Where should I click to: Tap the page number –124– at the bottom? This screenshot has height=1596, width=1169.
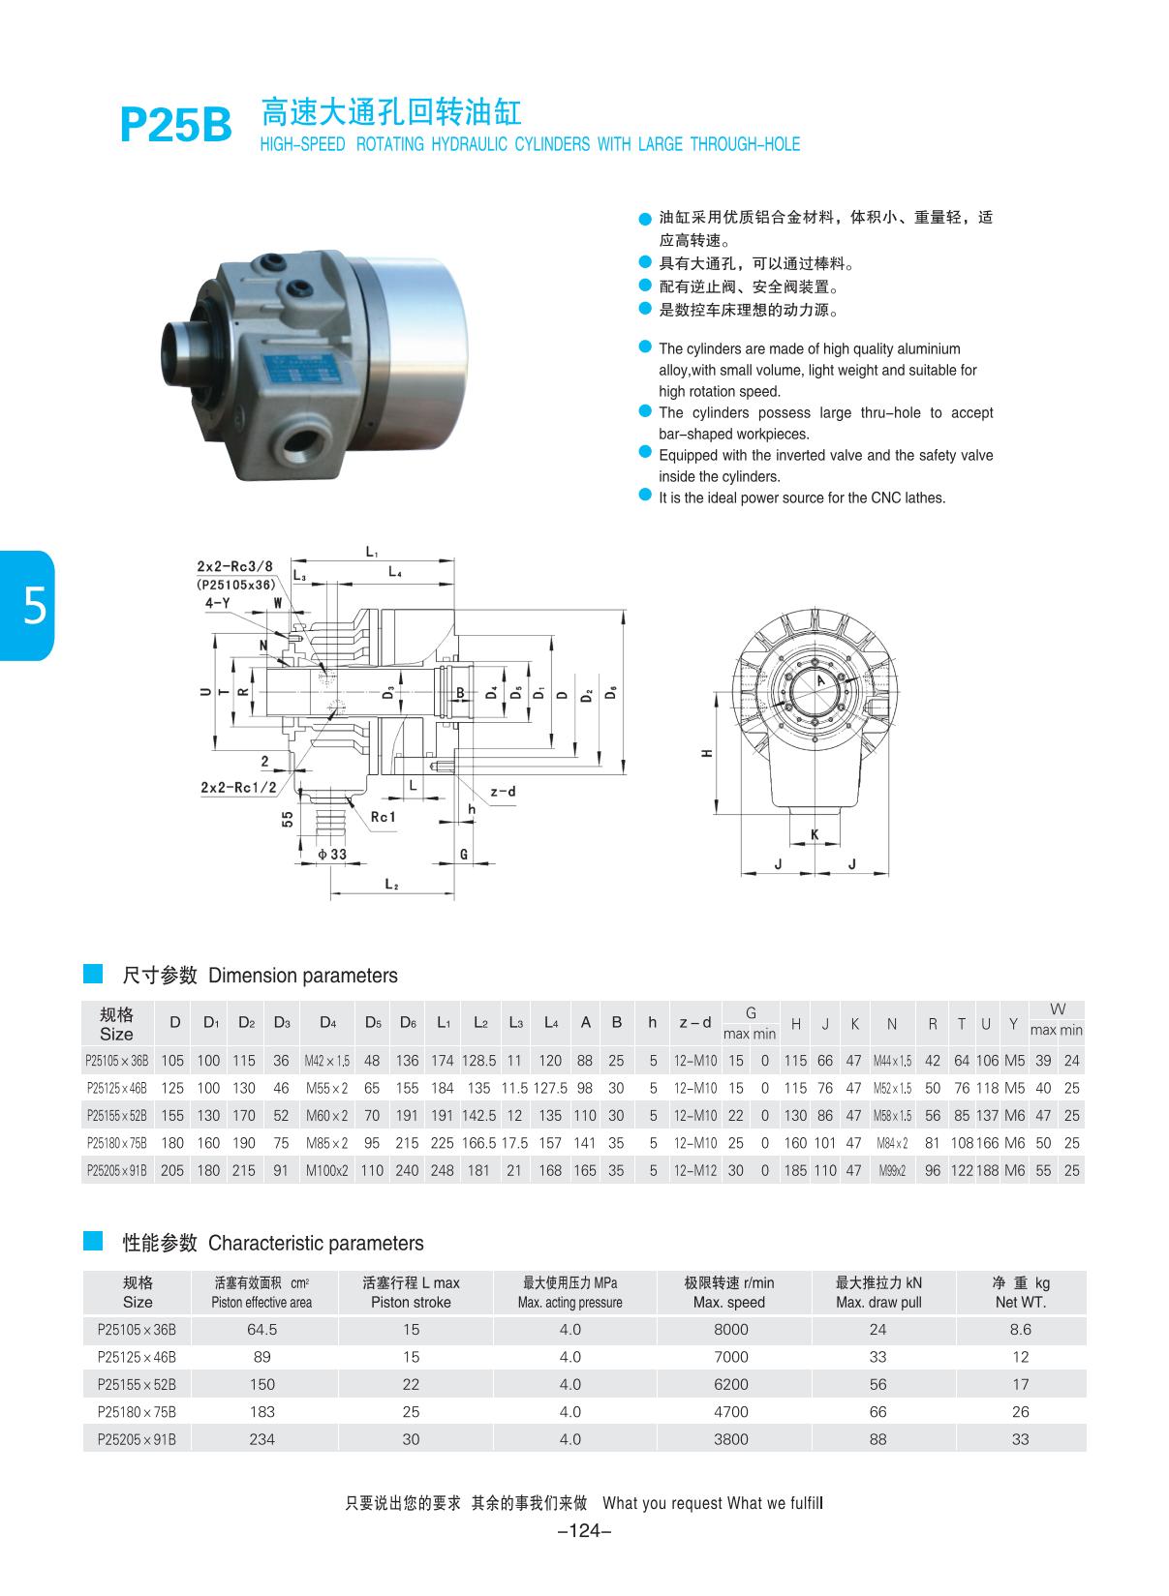584,1530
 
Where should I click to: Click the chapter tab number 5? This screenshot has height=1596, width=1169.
33,607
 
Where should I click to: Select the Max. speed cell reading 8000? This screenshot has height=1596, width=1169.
730,1330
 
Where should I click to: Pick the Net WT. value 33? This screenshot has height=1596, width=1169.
1020,1439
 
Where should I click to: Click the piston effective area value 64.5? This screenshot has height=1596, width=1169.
261,1330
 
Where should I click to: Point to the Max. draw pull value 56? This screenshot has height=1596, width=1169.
877,1384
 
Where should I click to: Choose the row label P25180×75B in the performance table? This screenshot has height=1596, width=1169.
137,1412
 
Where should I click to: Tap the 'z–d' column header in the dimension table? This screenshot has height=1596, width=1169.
694,1023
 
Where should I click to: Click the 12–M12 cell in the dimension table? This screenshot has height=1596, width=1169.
695,1171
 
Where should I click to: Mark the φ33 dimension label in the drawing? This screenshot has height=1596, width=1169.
330,855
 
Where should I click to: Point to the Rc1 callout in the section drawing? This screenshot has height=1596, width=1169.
384,817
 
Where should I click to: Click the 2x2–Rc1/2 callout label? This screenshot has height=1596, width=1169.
238,788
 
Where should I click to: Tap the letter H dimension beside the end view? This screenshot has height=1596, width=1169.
708,753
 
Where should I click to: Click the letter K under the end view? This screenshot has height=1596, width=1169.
815,834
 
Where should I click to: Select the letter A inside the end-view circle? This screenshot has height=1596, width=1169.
821,681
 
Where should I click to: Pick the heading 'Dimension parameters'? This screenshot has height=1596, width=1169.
302,976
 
